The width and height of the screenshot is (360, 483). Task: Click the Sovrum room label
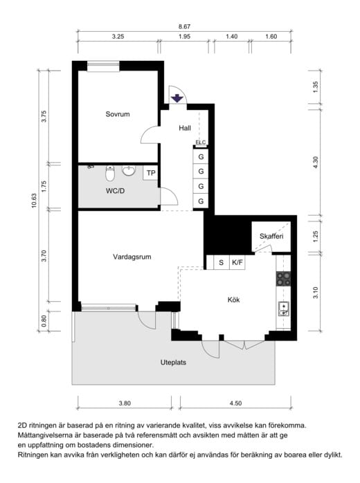pyautogui.click(x=118, y=114)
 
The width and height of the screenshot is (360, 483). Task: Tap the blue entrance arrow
pyautogui.click(x=177, y=98)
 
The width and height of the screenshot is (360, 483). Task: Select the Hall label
pyautogui.click(x=185, y=128)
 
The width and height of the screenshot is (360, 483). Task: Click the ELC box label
pyautogui.click(x=200, y=143)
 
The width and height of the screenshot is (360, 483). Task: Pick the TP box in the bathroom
pyautogui.click(x=151, y=173)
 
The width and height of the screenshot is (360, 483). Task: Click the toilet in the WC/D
pyautogui.click(x=109, y=174)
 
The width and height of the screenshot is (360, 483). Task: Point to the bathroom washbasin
pyautogui.click(x=128, y=170)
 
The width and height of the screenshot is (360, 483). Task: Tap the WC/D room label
pyautogui.click(x=116, y=191)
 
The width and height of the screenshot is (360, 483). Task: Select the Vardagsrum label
pyautogui.click(x=132, y=257)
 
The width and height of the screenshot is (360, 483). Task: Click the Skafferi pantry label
pyautogui.click(x=271, y=236)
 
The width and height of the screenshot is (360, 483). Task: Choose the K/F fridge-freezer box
pyautogui.click(x=237, y=263)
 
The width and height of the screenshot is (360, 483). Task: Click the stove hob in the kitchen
pyautogui.click(x=283, y=279)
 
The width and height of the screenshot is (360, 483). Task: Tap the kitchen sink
pyautogui.click(x=284, y=309)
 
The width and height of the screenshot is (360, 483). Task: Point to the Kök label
pyautogui.click(x=233, y=300)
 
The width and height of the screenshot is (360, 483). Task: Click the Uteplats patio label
pyautogui.click(x=173, y=363)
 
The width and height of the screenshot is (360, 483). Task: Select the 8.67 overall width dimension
pyautogui.click(x=184, y=27)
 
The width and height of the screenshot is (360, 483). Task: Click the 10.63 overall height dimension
pyautogui.click(x=34, y=201)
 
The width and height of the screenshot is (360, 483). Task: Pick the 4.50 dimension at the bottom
pyautogui.click(x=235, y=403)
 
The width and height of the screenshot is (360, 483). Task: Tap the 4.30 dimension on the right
pyautogui.click(x=315, y=163)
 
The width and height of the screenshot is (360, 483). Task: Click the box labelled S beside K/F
pyautogui.click(x=222, y=263)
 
